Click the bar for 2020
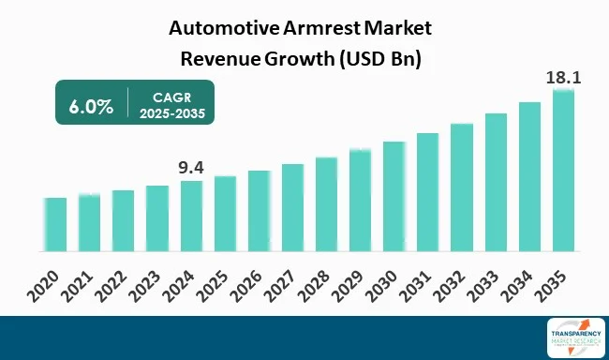55,225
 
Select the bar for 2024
191,217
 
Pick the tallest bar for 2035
563,171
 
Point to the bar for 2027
292,208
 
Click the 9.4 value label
191,169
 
